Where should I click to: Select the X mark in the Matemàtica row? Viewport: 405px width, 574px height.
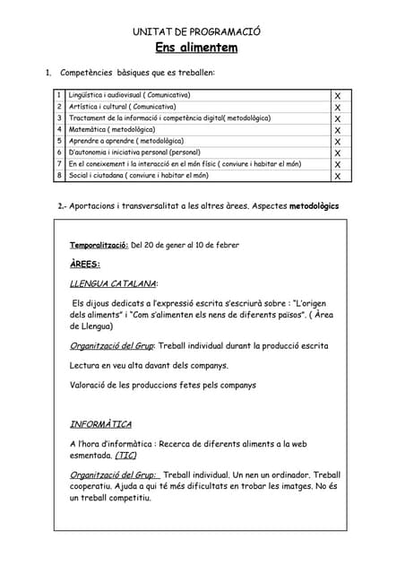(337, 130)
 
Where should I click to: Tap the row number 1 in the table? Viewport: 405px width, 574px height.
(58, 95)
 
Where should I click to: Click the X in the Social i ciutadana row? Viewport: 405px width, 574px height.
(337, 177)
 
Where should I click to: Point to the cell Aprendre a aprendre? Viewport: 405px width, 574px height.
(125, 142)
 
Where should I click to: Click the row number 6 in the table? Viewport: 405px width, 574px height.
(58, 153)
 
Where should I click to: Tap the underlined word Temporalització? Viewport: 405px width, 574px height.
(99, 245)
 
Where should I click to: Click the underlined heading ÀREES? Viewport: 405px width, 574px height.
(85, 264)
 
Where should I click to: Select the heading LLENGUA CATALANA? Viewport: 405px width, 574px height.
(112, 283)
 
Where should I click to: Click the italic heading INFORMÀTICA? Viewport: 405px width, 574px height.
(100, 424)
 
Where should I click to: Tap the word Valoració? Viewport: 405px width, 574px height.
(89, 385)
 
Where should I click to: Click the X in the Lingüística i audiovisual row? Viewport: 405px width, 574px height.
(337, 95)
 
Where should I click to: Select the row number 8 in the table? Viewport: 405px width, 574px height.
(58, 177)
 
